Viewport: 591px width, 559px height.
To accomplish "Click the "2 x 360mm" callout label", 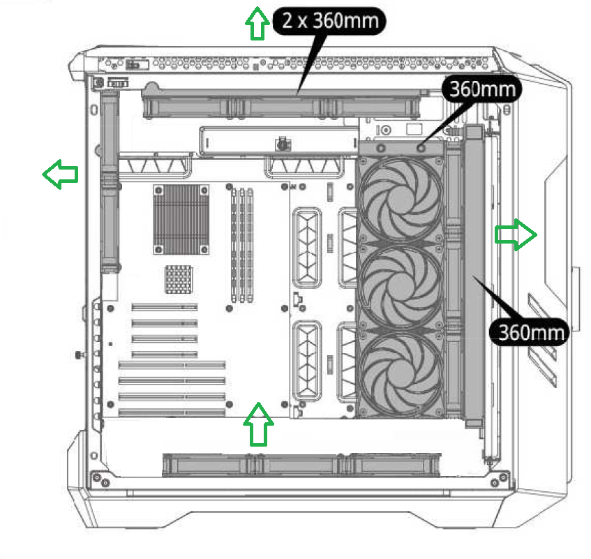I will coord(331,21).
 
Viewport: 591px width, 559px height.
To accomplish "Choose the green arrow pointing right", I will coord(516,234).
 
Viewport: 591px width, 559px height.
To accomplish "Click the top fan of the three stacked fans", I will coord(401,193).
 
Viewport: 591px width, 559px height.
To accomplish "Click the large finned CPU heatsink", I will coord(181,218).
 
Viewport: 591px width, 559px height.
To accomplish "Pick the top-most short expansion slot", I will coord(165,307).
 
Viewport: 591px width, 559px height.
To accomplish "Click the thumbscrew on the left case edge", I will coord(77,355).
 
